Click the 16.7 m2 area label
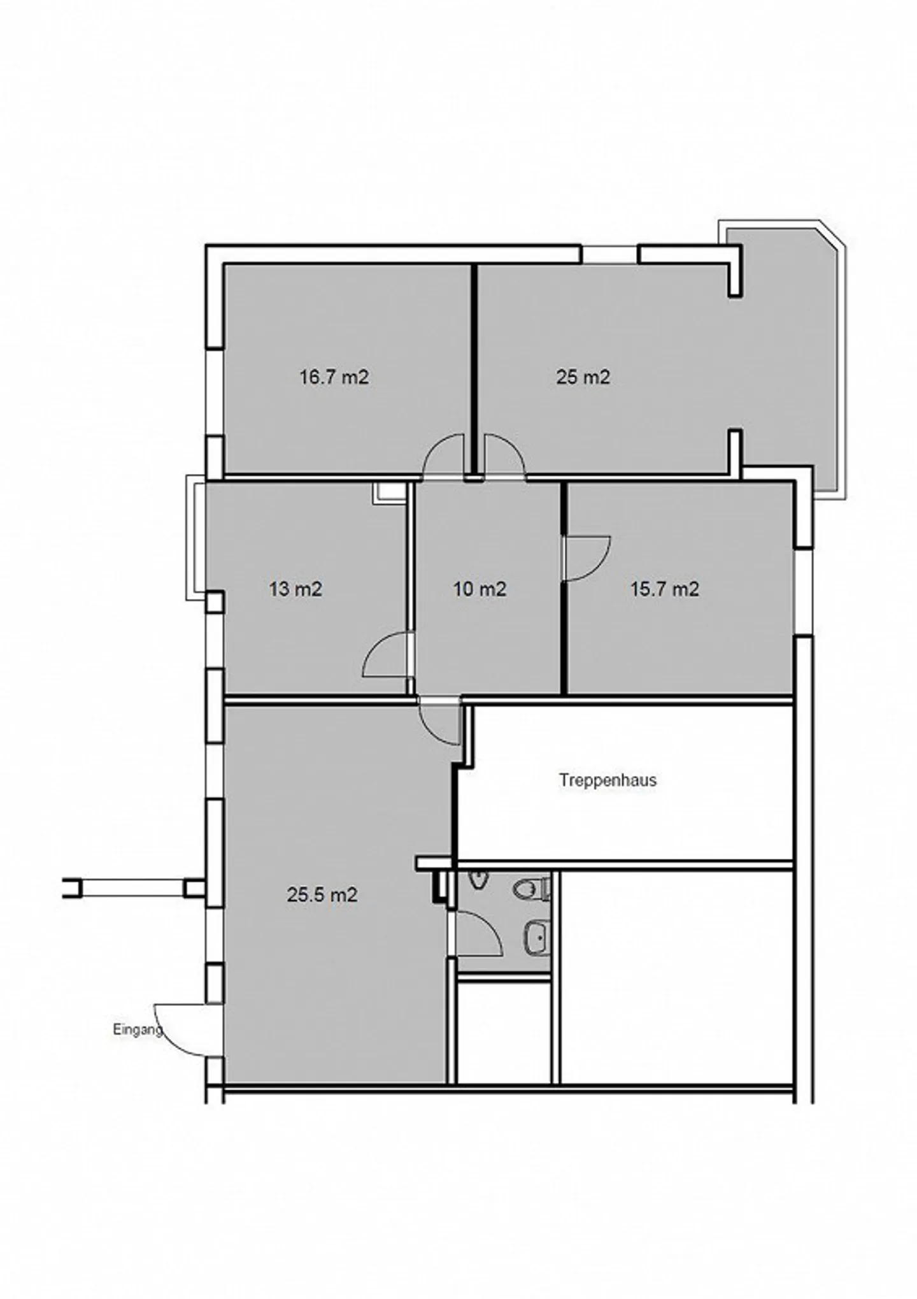(x=334, y=377)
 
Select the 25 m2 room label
(x=583, y=377)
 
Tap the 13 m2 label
(x=295, y=589)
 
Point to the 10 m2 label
(x=480, y=589)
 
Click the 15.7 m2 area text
(x=665, y=589)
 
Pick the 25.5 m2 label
(x=322, y=895)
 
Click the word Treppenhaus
(x=608, y=780)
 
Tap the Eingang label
(x=136, y=1029)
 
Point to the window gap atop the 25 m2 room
(x=609, y=254)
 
